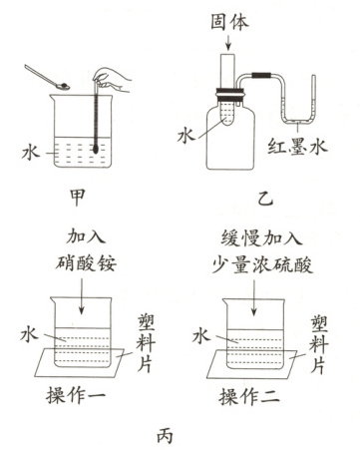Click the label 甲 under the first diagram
pos(77,198)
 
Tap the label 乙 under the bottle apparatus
pos(265,200)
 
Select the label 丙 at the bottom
pos(165,435)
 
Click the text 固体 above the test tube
pos(229,22)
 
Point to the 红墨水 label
pos(297,146)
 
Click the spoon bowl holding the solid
pos(63,87)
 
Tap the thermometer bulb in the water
pos(96,149)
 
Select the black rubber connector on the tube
pos(261,75)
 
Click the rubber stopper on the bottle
pos(230,93)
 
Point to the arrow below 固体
pos(228,42)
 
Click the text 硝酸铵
pos(86,263)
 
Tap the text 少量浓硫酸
pos(262,265)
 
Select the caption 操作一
pos(76,395)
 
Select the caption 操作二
pos(248,396)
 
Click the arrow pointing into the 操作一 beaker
pos(82,296)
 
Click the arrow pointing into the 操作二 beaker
pos(254,297)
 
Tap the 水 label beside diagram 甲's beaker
pos(31,153)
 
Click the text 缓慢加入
pos(262,238)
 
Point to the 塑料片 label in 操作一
pos(146,343)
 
